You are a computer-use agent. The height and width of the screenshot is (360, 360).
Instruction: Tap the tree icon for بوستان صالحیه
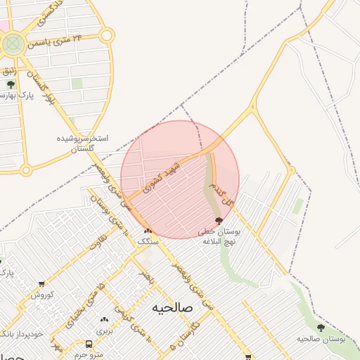click(x=321, y=328)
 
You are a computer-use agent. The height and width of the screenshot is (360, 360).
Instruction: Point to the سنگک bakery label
click(x=148, y=240)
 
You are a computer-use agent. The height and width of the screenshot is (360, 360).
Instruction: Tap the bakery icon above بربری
click(x=104, y=320)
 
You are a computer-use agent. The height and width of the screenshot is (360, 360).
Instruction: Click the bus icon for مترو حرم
click(x=89, y=344)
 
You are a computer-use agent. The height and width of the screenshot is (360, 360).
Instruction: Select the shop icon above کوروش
click(x=41, y=285)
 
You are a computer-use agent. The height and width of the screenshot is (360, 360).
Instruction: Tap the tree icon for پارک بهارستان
click(x=11, y=84)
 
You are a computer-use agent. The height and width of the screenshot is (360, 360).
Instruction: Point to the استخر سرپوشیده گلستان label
click(x=83, y=143)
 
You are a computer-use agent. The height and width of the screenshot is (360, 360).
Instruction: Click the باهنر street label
click(x=146, y=271)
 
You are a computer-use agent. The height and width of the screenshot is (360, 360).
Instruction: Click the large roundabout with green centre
click(x=12, y=45)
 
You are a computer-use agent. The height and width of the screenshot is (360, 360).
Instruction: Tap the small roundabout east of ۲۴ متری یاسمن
click(x=105, y=34)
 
